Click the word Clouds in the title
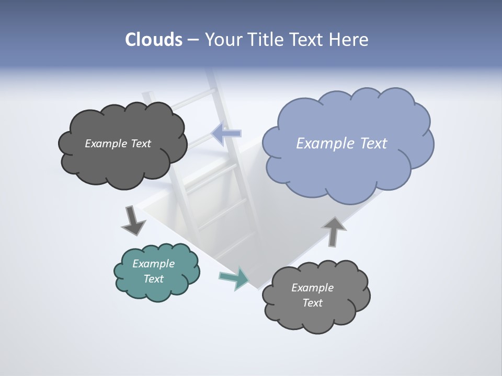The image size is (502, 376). (x=154, y=40)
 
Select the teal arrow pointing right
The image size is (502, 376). (x=234, y=278)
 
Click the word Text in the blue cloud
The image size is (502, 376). (x=373, y=144)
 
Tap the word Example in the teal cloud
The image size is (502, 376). (x=153, y=264)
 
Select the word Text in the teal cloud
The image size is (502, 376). (x=153, y=279)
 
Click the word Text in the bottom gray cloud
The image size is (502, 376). (x=312, y=303)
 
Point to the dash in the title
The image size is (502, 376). (x=193, y=40)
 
